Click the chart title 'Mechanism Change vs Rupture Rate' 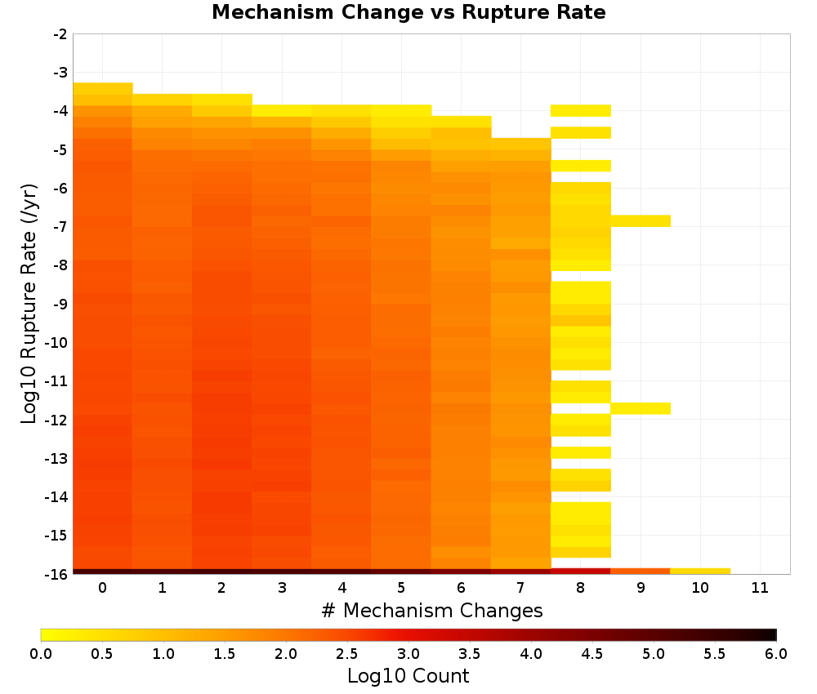[408, 12]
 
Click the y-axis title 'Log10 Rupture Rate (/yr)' [29, 304]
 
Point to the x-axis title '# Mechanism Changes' [432, 610]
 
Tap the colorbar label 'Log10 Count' [408, 676]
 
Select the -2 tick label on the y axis [60, 34]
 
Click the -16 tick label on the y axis [57, 574]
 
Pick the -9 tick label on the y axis [60, 304]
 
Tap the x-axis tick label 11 [760, 588]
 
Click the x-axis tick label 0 [103, 588]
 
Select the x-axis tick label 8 [580, 588]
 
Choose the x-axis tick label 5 [401, 588]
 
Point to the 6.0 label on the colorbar [776, 654]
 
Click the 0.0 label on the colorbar [41, 654]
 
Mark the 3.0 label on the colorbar [408, 654]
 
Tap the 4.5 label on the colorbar [592, 654]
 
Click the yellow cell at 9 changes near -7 [641, 220]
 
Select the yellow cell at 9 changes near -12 [641, 408]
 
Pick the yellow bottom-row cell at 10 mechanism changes [700, 572]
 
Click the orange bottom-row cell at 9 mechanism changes [641, 572]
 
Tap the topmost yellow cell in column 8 [580, 110]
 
